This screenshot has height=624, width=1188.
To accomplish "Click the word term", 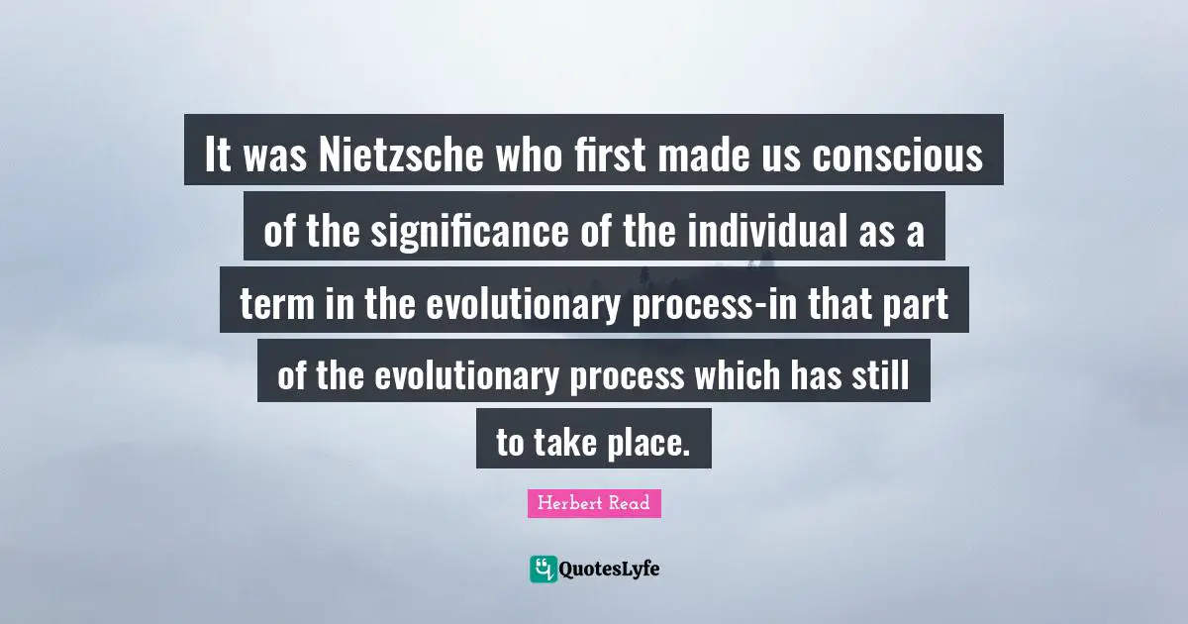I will pyautogui.click(x=275, y=303).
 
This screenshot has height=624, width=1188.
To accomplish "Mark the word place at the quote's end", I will pyautogui.click(x=644, y=444).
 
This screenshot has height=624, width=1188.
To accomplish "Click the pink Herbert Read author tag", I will pyautogui.click(x=594, y=503).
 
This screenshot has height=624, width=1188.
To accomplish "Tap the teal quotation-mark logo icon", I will pyautogui.click(x=544, y=569).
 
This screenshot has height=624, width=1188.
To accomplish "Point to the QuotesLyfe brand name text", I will pyautogui.click(x=610, y=569).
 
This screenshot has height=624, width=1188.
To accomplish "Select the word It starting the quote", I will pyautogui.click(x=217, y=156).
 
